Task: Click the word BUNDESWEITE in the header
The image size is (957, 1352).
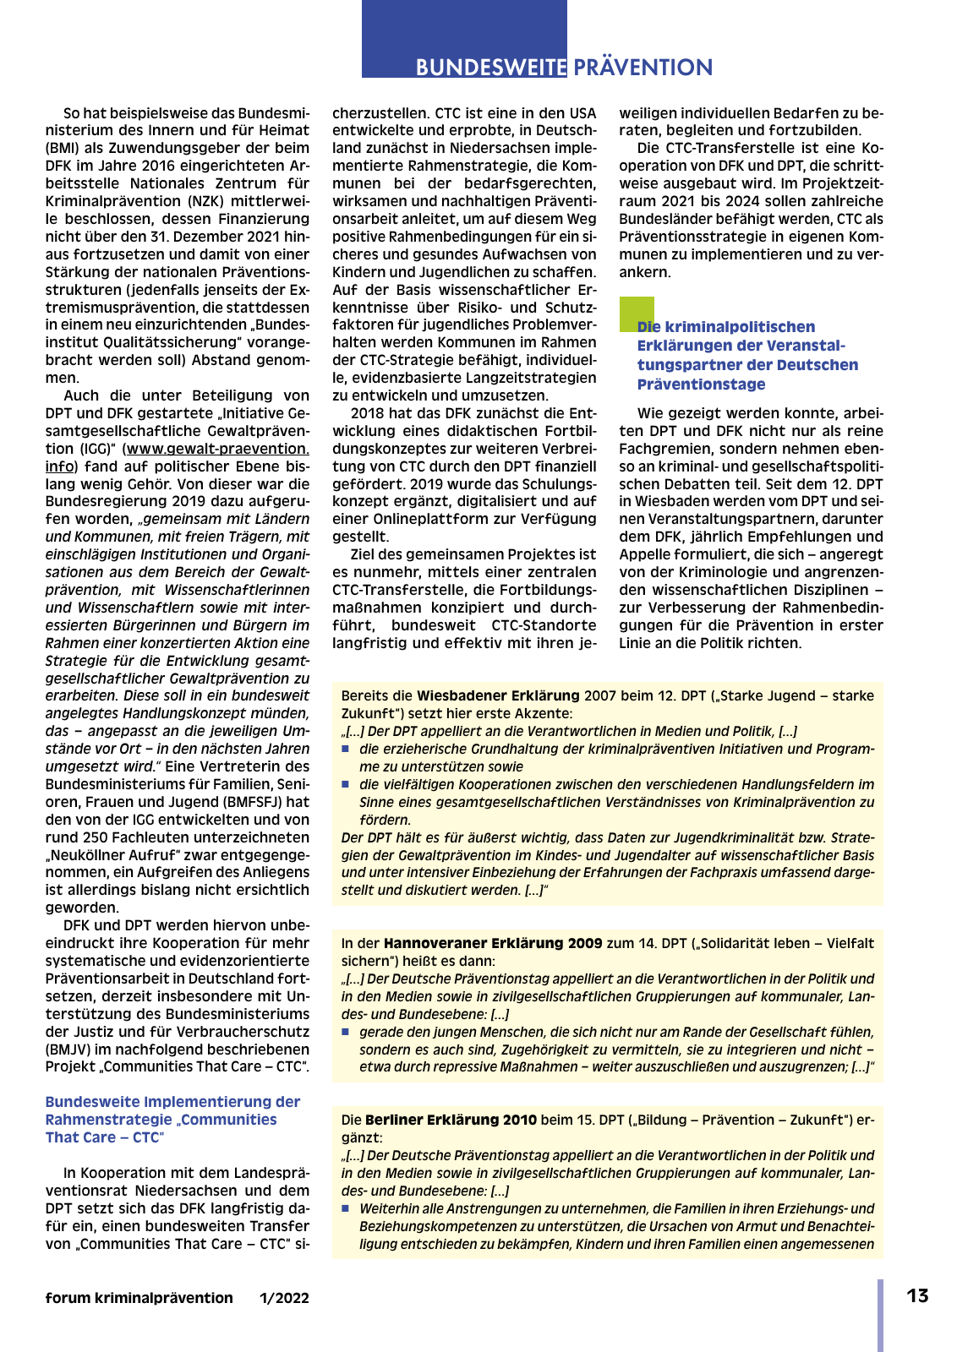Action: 490,68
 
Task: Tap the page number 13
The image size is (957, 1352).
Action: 917,1296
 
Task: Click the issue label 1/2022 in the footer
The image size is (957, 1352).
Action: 284,1298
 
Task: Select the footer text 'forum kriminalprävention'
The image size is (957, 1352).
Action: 139,1298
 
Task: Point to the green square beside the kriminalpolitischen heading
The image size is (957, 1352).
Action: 637,313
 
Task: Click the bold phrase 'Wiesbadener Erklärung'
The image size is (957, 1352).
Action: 498,695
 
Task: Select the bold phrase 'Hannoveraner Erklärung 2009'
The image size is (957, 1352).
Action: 493,943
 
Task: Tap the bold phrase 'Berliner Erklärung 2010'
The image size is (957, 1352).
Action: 451,1120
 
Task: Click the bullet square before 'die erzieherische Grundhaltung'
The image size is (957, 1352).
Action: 346,750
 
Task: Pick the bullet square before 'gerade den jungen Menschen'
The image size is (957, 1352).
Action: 346,1033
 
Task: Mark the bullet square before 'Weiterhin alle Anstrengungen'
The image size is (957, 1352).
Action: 346,1209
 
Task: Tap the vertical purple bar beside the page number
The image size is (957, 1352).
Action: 880,1315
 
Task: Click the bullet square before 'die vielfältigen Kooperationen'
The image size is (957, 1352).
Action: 346,785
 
